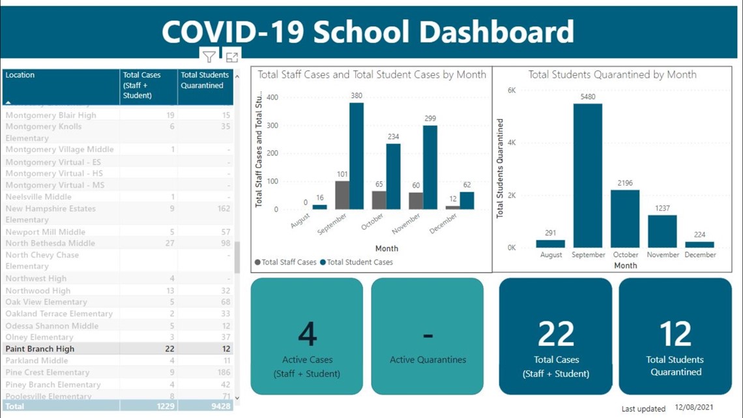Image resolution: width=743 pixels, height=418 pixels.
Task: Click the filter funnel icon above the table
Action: pyautogui.click(x=209, y=57)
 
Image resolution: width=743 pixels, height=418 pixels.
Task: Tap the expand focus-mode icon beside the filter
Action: pyautogui.click(x=232, y=57)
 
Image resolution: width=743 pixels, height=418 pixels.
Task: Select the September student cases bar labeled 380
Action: pyautogui.click(x=356, y=157)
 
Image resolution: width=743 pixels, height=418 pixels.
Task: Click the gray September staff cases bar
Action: pyautogui.click(x=342, y=195)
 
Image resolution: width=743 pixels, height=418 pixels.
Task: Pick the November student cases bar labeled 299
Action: pyautogui.click(x=430, y=168)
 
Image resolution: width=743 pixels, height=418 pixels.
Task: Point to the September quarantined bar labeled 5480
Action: pyautogui.click(x=588, y=176)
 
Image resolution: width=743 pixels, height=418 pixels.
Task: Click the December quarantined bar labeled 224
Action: pyautogui.click(x=700, y=245)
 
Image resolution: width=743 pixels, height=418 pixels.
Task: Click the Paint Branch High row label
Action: pyautogui.click(x=40, y=349)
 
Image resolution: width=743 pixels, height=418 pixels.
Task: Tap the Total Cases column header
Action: pyautogui.click(x=141, y=85)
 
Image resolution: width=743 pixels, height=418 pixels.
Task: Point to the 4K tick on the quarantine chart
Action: pyautogui.click(x=511, y=143)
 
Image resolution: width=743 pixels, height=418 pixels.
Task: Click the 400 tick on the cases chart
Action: pyautogui.click(x=272, y=98)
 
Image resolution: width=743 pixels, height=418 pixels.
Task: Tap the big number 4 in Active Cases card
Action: pyautogui.click(x=307, y=334)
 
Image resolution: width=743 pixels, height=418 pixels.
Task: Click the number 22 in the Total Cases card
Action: pyautogui.click(x=555, y=334)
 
